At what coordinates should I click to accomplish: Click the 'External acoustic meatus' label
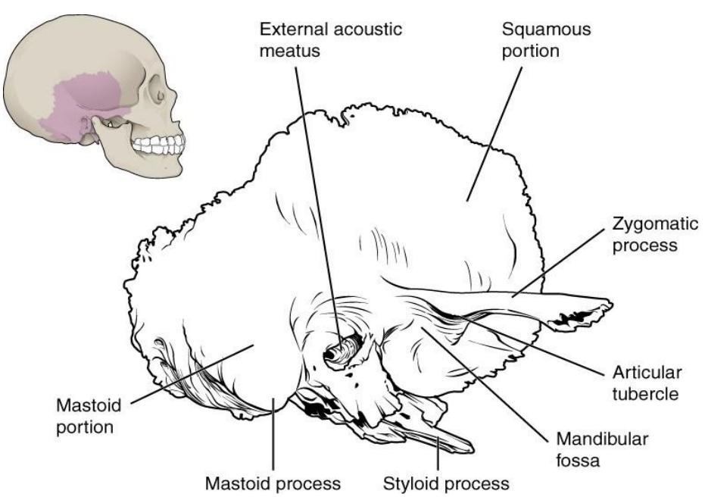click(330, 39)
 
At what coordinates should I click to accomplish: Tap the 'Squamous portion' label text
click(546, 39)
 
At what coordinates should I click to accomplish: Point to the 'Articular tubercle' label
click(647, 383)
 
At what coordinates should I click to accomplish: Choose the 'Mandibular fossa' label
click(602, 449)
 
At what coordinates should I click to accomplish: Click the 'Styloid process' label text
click(446, 484)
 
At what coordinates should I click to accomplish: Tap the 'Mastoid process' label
click(273, 484)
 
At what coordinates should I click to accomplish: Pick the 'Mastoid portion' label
click(89, 416)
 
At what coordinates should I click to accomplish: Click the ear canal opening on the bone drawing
click(342, 349)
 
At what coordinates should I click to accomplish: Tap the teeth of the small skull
click(159, 145)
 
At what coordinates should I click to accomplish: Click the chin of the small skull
click(173, 170)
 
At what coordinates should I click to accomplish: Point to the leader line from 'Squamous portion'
click(494, 134)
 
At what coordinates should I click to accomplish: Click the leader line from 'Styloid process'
click(438, 452)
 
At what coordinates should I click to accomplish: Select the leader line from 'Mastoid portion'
click(192, 374)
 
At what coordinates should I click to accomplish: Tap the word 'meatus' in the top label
click(289, 51)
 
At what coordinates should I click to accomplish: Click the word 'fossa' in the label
click(578, 460)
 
